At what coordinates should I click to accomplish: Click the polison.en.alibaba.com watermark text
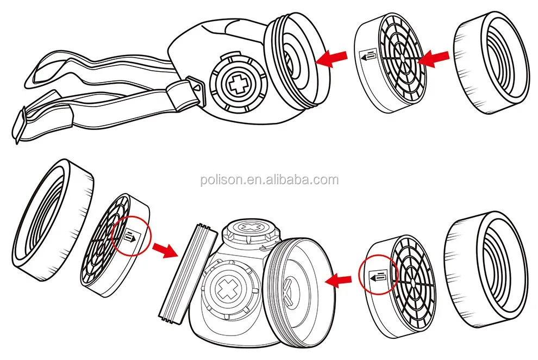(x=268, y=180)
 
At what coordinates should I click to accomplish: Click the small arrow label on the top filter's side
(x=367, y=55)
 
